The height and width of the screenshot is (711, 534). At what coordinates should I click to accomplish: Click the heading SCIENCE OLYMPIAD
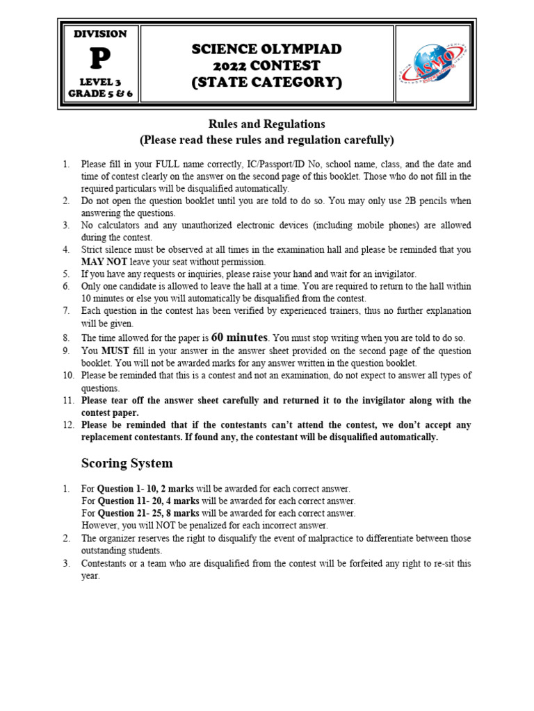pyautogui.click(x=267, y=49)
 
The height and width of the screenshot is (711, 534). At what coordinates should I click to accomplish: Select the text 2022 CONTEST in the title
pyautogui.click(x=267, y=66)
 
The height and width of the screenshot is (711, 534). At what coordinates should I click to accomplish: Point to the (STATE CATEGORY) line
pyautogui.click(x=267, y=83)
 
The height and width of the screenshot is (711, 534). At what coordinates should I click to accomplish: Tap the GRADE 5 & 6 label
pyautogui.click(x=100, y=94)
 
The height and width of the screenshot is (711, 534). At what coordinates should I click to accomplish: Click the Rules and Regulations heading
pyautogui.click(x=267, y=124)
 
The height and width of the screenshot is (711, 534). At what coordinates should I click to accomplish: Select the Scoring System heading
pyautogui.click(x=127, y=463)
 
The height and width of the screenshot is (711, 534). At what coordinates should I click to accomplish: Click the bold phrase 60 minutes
pyautogui.click(x=239, y=337)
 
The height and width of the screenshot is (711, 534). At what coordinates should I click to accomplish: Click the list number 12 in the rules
pyautogui.click(x=67, y=425)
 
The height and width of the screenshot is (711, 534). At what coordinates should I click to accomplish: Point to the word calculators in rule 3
pyautogui.click(x=119, y=225)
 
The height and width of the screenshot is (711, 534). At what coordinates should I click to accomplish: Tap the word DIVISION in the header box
pyautogui.click(x=100, y=34)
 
